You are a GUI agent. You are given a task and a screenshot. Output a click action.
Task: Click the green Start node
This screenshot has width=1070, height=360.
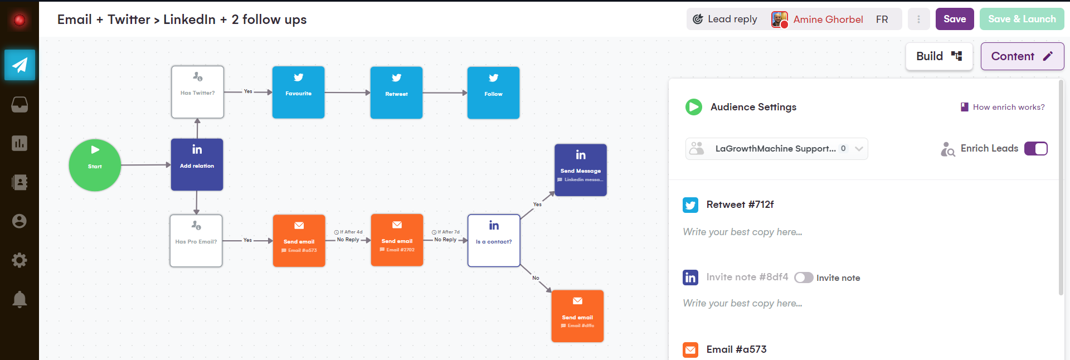tap(95, 165)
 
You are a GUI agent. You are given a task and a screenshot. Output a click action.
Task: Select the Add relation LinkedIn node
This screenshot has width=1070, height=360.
tap(197, 164)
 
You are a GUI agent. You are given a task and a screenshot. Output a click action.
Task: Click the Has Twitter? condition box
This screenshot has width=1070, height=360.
tap(197, 92)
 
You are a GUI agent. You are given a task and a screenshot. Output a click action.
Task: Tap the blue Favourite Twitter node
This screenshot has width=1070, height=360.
tap(298, 93)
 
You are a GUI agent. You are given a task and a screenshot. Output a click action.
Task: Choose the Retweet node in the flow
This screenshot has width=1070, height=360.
tap(396, 93)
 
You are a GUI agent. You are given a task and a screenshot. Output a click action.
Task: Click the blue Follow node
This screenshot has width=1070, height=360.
tap(493, 93)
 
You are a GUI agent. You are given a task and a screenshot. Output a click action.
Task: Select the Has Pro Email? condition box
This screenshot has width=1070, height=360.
tap(196, 241)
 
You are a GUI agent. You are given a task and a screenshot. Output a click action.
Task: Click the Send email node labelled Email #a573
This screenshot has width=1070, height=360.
tap(299, 241)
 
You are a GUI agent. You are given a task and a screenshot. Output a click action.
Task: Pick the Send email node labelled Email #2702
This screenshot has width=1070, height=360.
tap(397, 240)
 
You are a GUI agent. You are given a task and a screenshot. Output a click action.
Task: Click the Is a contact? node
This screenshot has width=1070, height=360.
tap(494, 241)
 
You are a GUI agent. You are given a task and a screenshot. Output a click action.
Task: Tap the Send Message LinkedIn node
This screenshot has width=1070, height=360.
tap(580, 170)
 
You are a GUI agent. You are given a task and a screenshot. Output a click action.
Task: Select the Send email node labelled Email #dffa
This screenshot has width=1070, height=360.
tap(577, 316)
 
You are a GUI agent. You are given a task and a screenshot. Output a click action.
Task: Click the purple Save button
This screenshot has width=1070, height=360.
tap(954, 19)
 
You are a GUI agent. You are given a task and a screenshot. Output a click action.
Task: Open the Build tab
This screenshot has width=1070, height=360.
tap(939, 56)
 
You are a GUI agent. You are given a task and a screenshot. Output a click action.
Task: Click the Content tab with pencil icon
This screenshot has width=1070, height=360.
tap(1022, 56)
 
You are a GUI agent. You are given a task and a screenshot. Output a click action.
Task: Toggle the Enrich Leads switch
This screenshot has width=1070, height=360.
tap(1035, 149)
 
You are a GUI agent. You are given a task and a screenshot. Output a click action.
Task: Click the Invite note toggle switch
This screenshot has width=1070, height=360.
tap(804, 278)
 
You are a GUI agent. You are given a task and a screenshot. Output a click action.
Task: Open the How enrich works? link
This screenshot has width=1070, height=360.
tap(1008, 107)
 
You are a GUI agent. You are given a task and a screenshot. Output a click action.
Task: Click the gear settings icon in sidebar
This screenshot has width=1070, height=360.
tap(20, 260)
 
